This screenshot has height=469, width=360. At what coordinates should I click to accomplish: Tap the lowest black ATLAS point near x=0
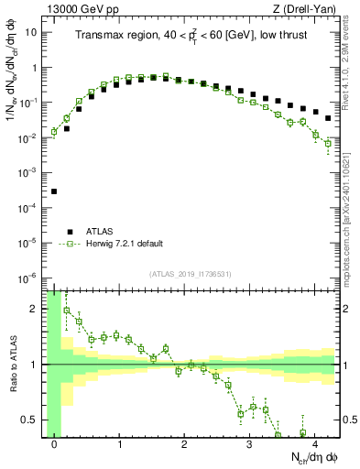[54, 191]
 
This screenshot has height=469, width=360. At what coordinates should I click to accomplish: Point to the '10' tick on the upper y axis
[31, 32]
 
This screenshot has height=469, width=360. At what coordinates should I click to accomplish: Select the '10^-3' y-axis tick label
[29, 172]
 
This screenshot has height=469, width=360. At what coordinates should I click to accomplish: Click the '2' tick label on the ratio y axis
[35, 309]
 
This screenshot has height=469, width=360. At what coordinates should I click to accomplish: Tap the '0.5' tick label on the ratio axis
[31, 420]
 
